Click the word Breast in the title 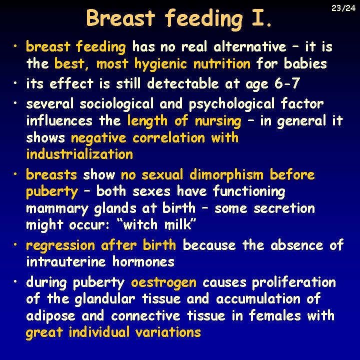120,18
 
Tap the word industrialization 79,154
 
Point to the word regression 60,245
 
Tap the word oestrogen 163,282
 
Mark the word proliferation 293,282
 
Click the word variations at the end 168,332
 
